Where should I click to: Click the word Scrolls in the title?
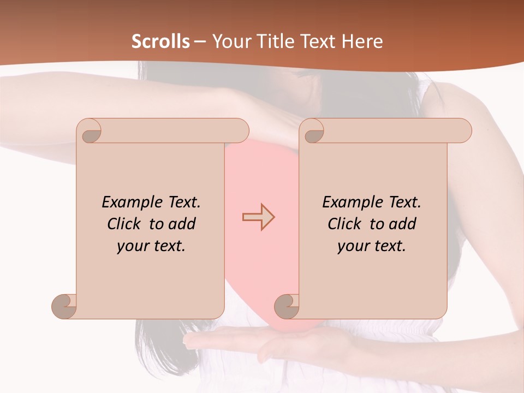(161, 41)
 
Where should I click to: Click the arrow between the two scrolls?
(259, 217)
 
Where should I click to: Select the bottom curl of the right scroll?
(287, 306)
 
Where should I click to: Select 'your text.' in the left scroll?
(151, 246)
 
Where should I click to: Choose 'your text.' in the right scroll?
(372, 246)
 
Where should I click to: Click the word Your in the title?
(230, 41)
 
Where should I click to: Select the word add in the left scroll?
(182, 224)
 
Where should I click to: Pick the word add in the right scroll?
(403, 224)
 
